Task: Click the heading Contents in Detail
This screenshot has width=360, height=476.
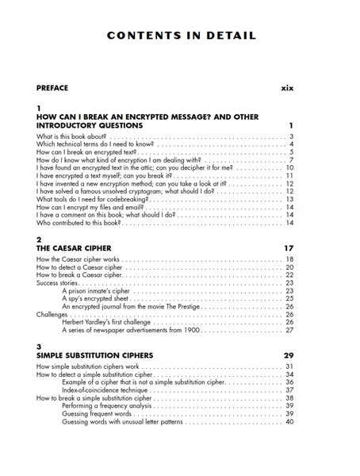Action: click(x=180, y=36)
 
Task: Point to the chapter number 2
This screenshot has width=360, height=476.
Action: click(x=39, y=239)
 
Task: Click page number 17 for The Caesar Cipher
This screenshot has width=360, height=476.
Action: click(x=289, y=248)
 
